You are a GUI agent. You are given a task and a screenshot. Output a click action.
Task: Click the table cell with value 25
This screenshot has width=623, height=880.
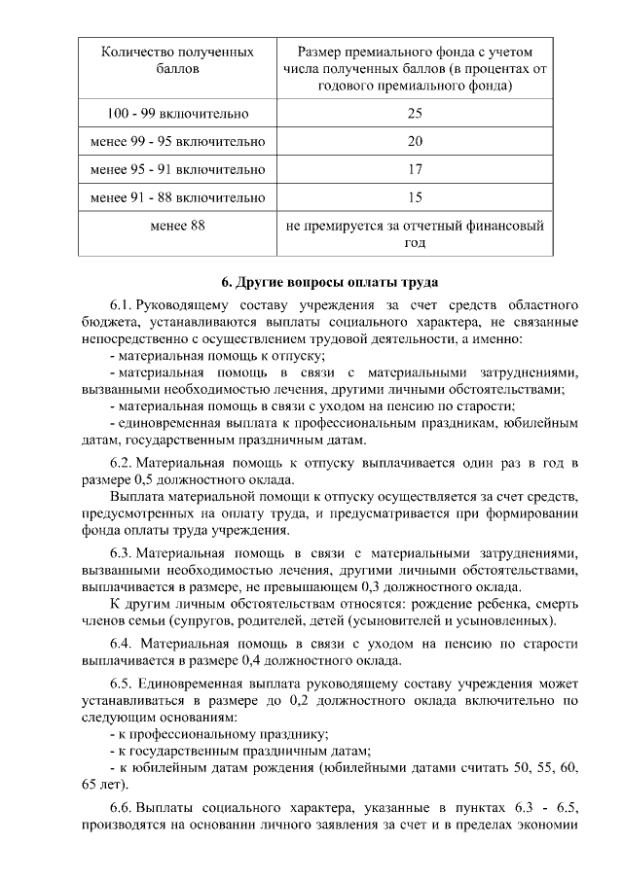pyautogui.click(x=415, y=114)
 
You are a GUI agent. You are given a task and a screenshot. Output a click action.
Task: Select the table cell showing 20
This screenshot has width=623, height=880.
pyautogui.click(x=415, y=142)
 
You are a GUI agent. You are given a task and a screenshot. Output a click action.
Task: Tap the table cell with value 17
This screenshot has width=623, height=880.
pyautogui.click(x=415, y=169)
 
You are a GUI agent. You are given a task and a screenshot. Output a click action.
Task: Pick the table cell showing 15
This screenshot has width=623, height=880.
pyautogui.click(x=415, y=197)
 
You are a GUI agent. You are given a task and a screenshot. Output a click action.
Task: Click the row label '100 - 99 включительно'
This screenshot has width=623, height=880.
pyautogui.click(x=177, y=114)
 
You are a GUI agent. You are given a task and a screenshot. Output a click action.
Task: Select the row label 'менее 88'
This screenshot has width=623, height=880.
pyautogui.click(x=177, y=226)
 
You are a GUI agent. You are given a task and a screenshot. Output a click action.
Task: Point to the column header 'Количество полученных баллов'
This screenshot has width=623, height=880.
pyautogui.click(x=177, y=59)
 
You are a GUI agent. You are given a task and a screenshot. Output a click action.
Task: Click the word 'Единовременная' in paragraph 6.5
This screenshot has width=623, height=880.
pyautogui.click(x=195, y=682)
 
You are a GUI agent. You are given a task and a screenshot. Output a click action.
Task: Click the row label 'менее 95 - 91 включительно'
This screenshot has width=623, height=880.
pyautogui.click(x=177, y=169)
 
